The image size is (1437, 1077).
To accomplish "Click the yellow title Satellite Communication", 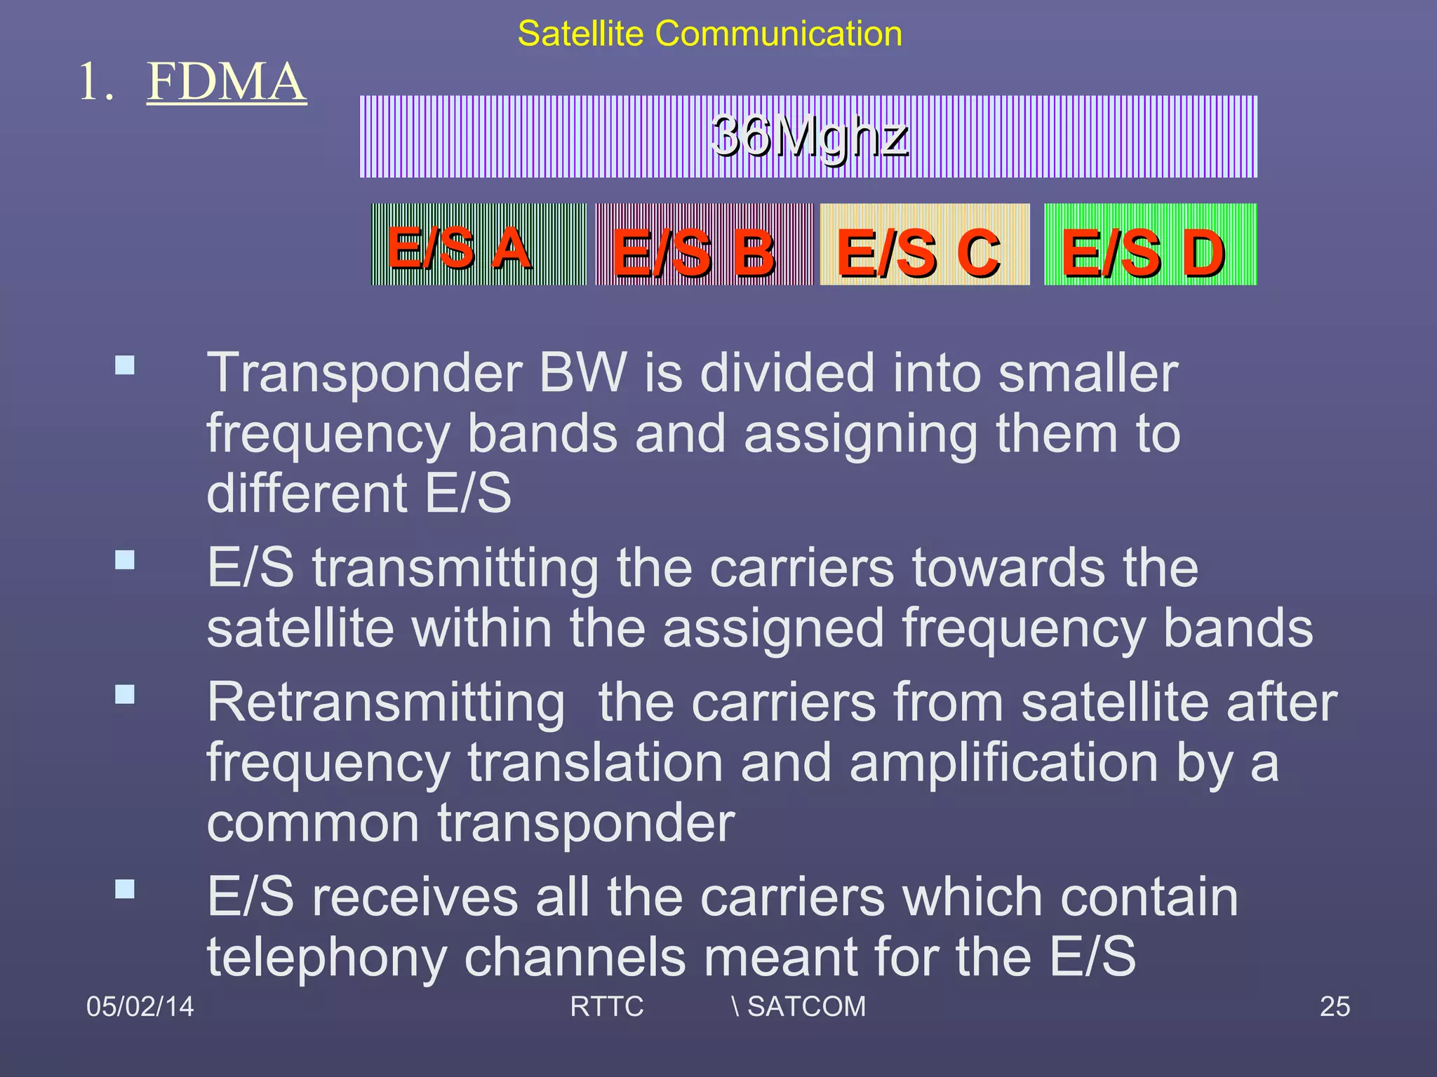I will [709, 34].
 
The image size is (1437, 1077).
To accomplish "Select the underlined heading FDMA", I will [226, 82].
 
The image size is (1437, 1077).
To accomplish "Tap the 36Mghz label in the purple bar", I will [809, 136].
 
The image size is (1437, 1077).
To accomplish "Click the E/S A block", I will [479, 245].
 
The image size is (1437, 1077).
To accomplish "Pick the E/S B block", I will [704, 245].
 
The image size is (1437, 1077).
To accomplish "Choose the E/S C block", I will [924, 245].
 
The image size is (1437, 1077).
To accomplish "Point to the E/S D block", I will [1150, 245].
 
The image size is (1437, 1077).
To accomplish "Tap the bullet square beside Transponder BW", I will [125, 365].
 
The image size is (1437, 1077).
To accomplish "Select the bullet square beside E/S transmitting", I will [125, 560].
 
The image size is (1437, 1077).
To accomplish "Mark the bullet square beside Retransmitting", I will [125, 694].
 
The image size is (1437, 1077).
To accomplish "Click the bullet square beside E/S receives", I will [125, 889].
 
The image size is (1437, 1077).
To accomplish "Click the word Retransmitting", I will [386, 703].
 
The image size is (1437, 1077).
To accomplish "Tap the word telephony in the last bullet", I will [327, 958].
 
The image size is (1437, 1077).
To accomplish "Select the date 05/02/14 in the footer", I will [140, 1007].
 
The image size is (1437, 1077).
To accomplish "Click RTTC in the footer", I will [606, 1007].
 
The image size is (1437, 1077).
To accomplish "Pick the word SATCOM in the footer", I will [806, 1007].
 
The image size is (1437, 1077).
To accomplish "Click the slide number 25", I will [1335, 1007].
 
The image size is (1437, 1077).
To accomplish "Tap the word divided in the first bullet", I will [787, 373].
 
